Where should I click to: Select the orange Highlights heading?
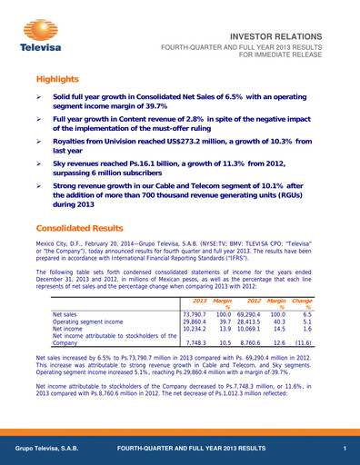tap(58, 79)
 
